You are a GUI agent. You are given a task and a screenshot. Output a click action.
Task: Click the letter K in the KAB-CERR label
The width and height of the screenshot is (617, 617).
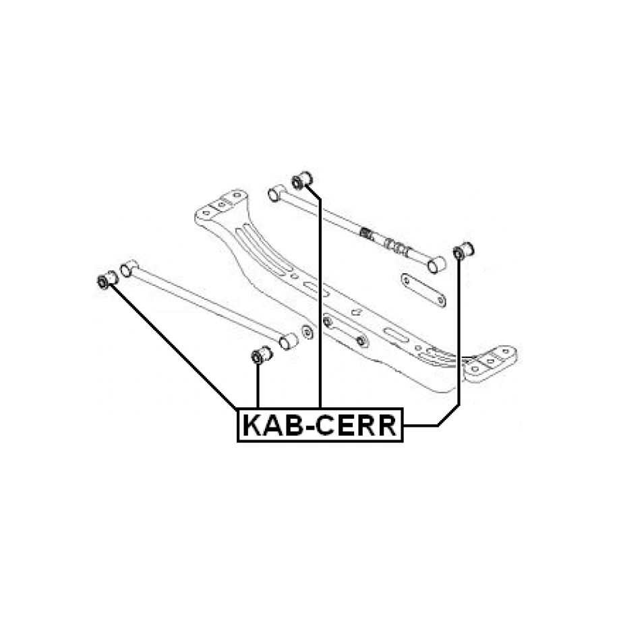tap(254, 425)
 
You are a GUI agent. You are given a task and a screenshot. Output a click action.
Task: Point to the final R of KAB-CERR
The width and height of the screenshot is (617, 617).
tap(386, 425)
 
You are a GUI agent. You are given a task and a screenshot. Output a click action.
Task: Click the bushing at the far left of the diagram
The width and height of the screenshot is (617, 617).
tap(107, 279)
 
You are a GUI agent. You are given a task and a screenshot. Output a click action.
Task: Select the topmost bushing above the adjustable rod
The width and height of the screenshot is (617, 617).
tap(302, 181)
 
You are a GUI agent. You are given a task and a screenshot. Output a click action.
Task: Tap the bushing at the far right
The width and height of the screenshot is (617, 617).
tap(463, 251)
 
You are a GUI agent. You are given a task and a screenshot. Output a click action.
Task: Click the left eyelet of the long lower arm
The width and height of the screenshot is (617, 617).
tap(128, 268)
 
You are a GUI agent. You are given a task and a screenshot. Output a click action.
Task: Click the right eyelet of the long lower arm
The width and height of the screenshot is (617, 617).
tap(289, 341)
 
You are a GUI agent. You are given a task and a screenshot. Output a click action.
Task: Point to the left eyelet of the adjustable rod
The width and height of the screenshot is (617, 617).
tap(277, 193)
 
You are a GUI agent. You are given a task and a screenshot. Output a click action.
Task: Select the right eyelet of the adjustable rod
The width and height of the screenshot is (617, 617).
tap(436, 265)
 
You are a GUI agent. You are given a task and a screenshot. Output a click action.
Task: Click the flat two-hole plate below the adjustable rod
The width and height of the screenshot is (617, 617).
tap(423, 290)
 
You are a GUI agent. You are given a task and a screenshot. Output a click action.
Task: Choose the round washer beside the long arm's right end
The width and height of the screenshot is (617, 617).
tap(307, 332)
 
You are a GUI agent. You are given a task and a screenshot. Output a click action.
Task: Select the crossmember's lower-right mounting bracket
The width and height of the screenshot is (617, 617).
tap(490, 363)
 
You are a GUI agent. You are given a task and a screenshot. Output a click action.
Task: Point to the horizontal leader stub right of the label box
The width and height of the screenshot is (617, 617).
tap(421, 425)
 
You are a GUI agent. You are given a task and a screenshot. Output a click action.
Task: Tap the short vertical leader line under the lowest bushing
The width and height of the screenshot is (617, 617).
tap(258, 386)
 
